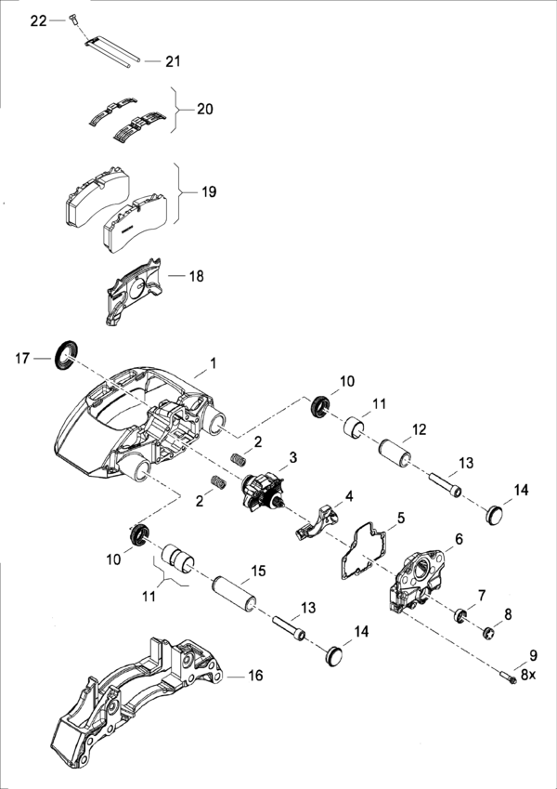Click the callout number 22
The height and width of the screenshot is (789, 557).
click(37, 20)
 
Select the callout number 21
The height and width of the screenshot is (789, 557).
click(174, 61)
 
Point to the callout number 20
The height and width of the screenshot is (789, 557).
click(205, 109)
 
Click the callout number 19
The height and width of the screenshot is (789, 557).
click(209, 191)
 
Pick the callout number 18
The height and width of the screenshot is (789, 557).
click(196, 276)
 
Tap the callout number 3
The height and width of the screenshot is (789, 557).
click(292, 457)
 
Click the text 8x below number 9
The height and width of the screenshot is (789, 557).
click(528, 676)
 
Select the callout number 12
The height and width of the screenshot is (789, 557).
click(419, 430)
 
